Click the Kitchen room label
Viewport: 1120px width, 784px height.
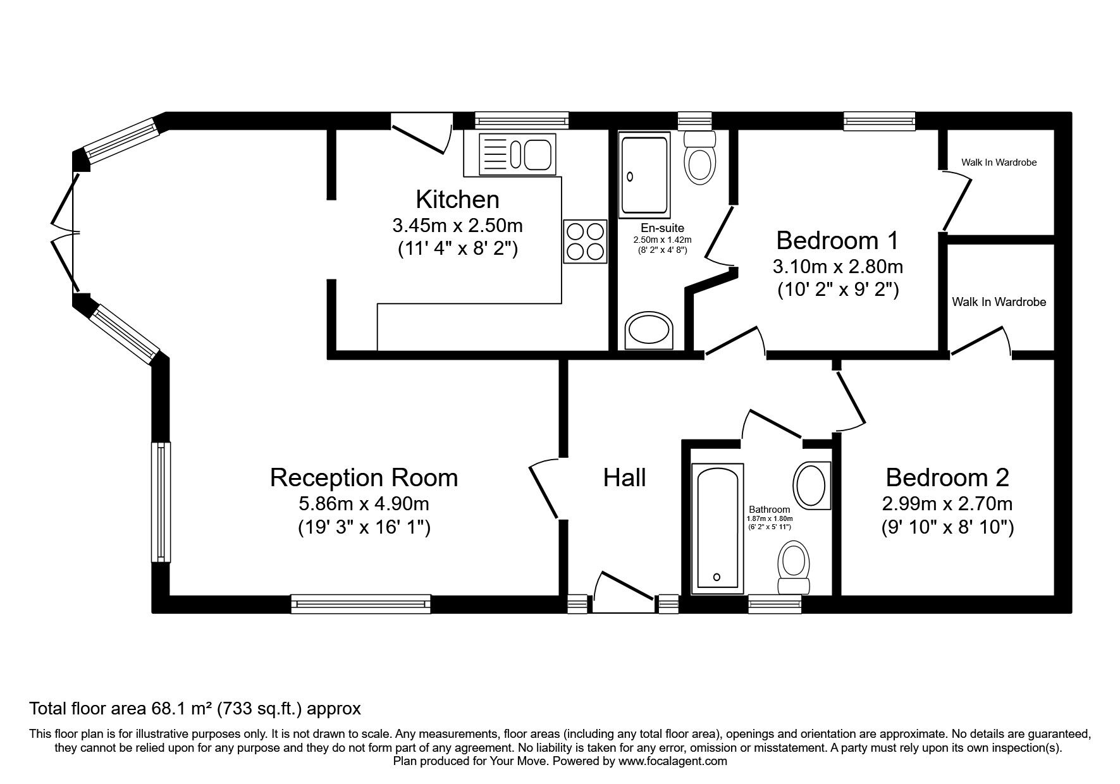457,200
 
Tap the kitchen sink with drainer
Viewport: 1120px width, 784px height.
517,154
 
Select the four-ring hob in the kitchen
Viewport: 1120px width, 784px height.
585,240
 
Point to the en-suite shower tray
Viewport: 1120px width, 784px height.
645,175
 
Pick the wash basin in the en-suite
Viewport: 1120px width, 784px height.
649,331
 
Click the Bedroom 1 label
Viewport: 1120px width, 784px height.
837,241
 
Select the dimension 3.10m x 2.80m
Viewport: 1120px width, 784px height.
837,267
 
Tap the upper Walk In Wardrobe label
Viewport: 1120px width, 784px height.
999,162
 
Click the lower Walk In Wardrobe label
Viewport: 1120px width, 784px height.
999,302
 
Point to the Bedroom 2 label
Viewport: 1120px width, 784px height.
947,477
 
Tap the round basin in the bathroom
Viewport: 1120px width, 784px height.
811,484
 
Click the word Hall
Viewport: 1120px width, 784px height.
624,478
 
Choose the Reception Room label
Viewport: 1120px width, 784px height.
364,478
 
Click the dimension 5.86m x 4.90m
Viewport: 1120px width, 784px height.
364,504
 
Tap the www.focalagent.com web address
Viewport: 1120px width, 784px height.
672,761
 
